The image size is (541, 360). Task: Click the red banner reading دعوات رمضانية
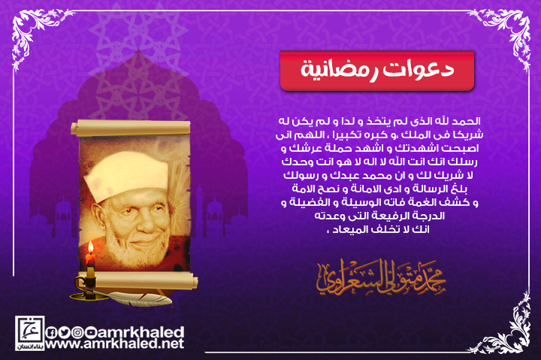coord(377,71)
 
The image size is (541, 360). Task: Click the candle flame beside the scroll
coord(91,248)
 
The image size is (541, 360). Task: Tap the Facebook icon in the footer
coord(51,332)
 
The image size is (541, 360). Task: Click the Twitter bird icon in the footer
coord(63,332)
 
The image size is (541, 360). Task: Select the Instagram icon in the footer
coord(77,332)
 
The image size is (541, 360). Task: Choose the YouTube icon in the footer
coord(90,332)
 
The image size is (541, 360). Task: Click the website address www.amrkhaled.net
coord(114,343)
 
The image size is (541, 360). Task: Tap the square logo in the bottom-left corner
coord(29,333)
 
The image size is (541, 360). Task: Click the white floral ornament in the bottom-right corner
coord(507,328)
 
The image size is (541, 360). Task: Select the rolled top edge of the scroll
coord(131,127)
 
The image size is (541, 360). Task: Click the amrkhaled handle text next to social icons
coord(140,332)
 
